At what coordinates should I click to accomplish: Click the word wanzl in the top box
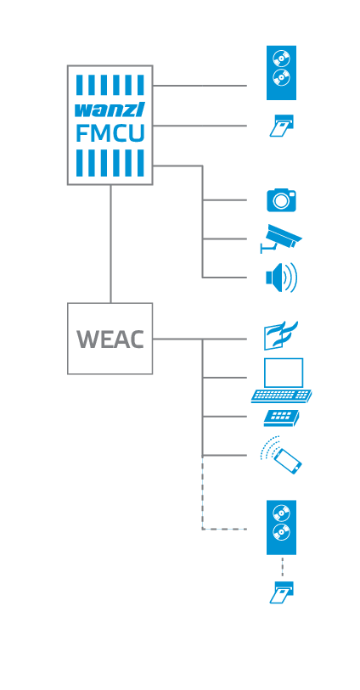[x=110, y=109]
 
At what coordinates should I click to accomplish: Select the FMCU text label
[x=110, y=133]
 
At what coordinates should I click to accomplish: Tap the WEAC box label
[x=110, y=339]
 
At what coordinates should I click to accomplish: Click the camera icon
[x=282, y=200]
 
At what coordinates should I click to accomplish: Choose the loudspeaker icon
[x=281, y=278]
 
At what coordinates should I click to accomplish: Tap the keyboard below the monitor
[x=281, y=395]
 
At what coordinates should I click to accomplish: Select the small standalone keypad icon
[x=282, y=417]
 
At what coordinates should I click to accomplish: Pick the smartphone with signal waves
[x=281, y=456]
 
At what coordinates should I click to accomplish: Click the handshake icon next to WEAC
[x=282, y=336]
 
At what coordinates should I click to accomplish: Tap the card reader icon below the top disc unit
[x=281, y=126]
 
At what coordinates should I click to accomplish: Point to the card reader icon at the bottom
[x=281, y=592]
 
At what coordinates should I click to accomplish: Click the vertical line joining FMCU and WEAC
[x=110, y=243]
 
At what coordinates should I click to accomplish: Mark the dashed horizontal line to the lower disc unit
[x=224, y=529]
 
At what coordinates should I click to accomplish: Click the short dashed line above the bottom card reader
[x=282, y=566]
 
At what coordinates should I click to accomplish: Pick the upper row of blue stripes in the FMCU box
[x=110, y=85]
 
